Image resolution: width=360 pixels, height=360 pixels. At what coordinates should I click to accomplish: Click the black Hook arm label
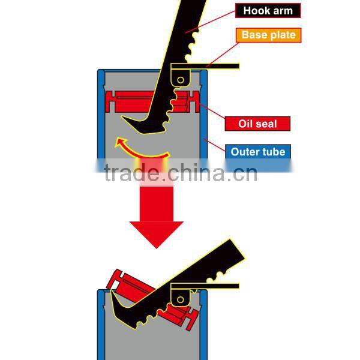pos(268,10)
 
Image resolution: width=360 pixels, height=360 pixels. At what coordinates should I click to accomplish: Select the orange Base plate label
pos(268,35)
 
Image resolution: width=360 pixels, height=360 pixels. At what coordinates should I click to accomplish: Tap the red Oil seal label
pos(258,124)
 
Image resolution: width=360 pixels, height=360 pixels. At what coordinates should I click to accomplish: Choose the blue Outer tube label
pos(258,151)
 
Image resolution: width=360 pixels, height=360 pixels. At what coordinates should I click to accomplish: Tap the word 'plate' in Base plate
pos(281,35)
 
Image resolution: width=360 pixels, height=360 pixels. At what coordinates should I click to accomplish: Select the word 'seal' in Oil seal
pos(268,124)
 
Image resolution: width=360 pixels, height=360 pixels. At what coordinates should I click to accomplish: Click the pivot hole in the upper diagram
pos(180,79)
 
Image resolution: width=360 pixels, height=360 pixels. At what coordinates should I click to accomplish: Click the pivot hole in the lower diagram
pos(179,298)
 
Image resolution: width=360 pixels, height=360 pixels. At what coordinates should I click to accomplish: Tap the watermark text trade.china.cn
pos(180,173)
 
